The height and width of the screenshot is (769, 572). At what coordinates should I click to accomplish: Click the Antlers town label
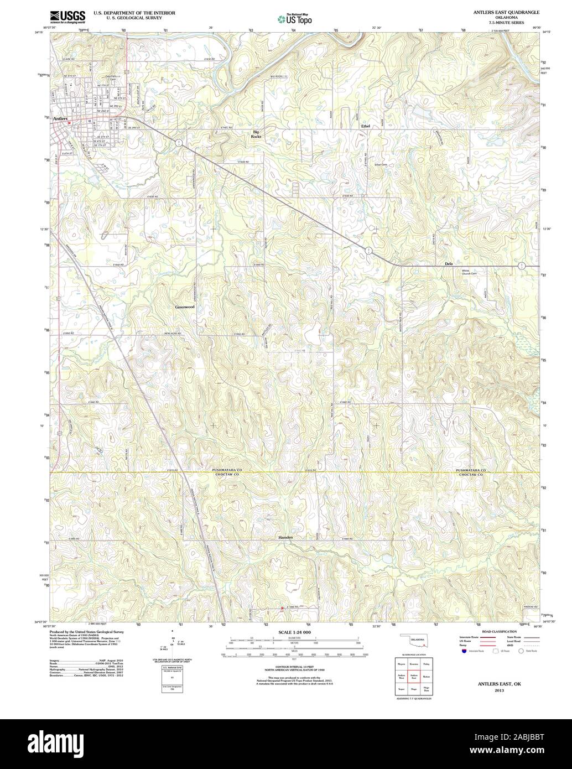(58, 118)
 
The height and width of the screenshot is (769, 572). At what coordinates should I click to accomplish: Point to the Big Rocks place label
(256, 133)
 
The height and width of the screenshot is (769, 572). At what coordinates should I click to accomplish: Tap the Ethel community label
(365, 126)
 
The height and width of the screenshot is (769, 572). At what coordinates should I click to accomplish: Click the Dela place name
(449, 264)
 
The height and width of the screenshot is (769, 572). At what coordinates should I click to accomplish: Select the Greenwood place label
(184, 306)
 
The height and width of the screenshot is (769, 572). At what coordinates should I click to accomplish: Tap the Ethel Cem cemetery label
(381, 164)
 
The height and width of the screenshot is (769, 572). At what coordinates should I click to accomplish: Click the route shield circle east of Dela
(521, 266)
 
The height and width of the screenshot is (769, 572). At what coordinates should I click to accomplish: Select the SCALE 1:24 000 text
(294, 632)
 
